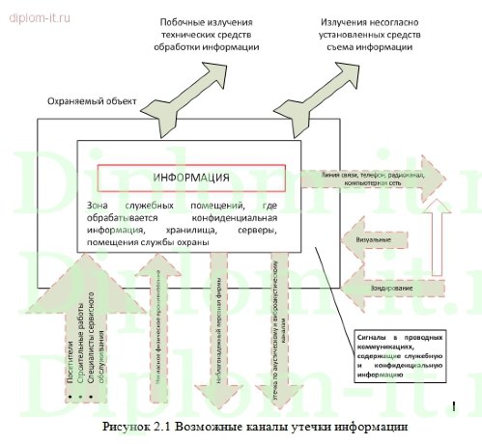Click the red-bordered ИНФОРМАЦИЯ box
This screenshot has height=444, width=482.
click(x=191, y=179)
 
